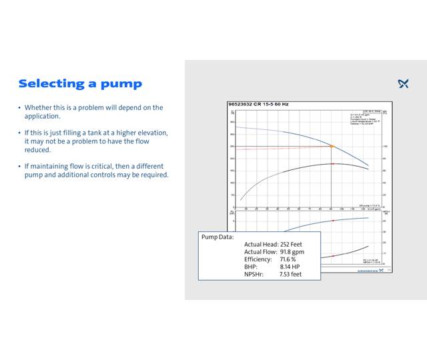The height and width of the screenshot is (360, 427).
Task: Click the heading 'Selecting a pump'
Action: (x=80, y=83)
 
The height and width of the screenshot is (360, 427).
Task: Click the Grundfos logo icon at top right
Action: (x=403, y=83)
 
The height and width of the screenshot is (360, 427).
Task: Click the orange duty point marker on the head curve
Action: (x=332, y=146)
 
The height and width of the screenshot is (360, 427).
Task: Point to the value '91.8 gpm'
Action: (x=292, y=251)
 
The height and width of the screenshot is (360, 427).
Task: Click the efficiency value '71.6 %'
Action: (x=288, y=259)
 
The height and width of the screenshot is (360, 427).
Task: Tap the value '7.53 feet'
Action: (x=290, y=273)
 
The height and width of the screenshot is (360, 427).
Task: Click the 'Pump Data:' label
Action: (x=218, y=237)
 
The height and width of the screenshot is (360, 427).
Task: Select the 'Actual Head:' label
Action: (x=261, y=244)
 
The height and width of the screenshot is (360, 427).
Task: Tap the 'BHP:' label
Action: (x=251, y=266)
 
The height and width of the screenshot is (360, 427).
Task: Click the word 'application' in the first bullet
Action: (x=43, y=116)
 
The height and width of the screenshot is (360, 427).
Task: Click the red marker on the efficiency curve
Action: (x=332, y=163)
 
